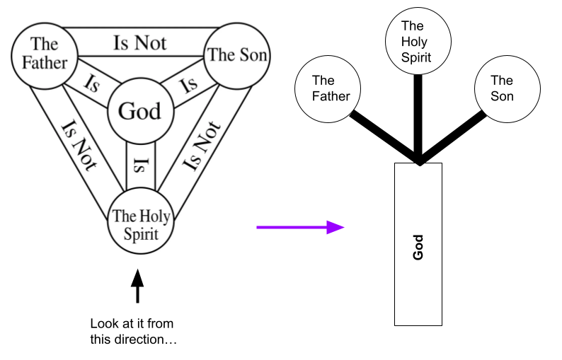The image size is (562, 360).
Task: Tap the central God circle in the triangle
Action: (140, 111)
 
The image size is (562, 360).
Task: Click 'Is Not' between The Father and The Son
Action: (139, 42)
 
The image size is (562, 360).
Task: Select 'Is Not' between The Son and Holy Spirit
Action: (202, 146)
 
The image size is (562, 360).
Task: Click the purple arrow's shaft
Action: (290, 227)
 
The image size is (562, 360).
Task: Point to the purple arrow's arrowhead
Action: (336, 227)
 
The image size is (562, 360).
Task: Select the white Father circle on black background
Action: (328, 89)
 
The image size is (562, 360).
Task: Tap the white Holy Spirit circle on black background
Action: (418, 41)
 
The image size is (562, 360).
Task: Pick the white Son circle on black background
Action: (506, 89)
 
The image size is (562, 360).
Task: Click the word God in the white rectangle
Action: (418, 247)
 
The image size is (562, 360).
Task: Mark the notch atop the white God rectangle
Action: (420, 165)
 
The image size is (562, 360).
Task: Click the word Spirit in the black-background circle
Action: (416, 58)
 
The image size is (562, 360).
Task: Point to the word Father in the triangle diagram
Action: (44, 62)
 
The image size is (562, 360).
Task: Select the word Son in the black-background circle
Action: (502, 96)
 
